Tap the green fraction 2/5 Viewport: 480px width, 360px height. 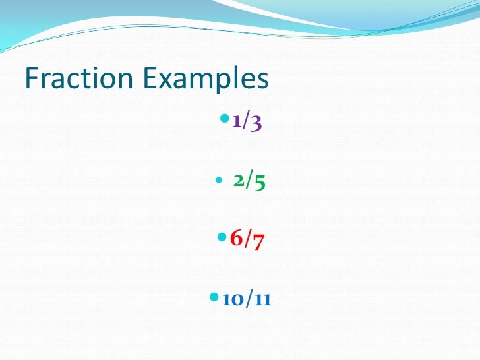tap(249, 182)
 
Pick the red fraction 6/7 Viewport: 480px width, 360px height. tap(247, 241)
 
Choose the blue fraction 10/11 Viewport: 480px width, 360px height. tap(247, 300)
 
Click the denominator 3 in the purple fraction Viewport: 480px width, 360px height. tap(256, 123)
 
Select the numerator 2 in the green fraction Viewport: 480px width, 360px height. tap(239, 182)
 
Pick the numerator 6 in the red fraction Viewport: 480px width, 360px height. tap(236, 241)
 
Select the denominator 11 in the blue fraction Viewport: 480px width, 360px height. tap(264, 301)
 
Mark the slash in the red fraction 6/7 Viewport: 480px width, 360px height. tap(247, 241)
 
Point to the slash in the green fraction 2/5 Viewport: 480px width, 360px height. tap(249, 182)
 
